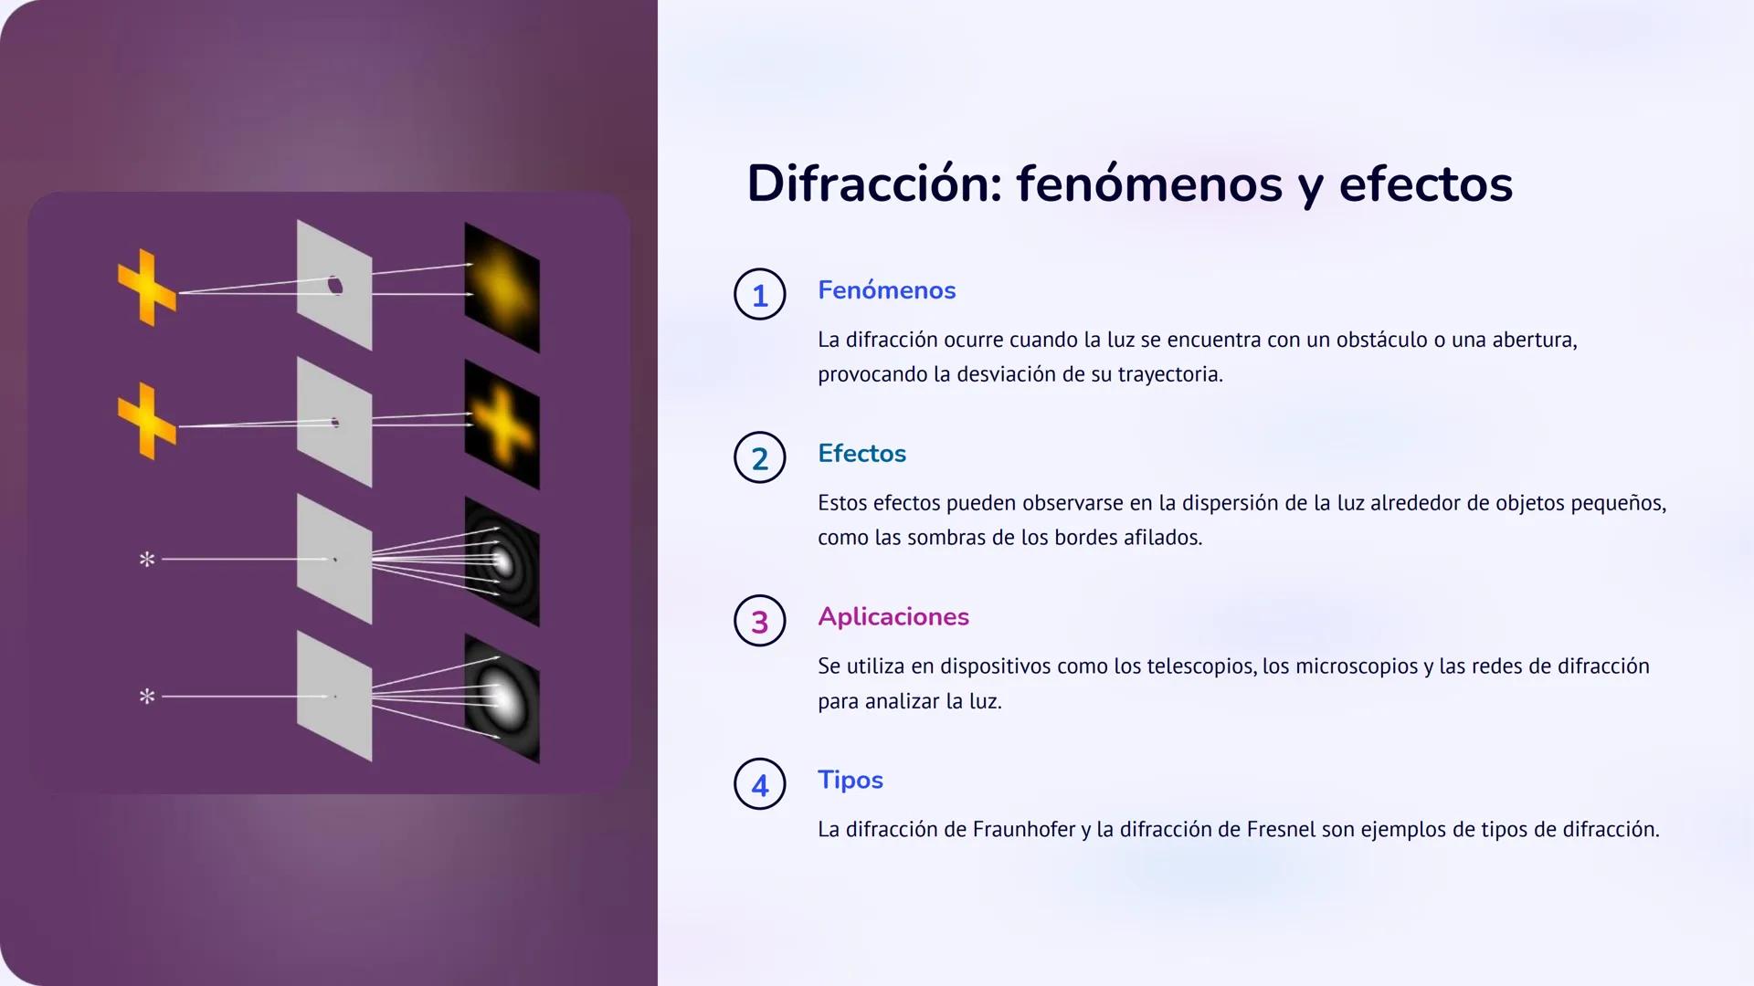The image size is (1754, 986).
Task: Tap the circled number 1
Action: click(x=759, y=295)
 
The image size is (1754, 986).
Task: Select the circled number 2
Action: click(x=759, y=458)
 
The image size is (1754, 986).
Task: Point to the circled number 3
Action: click(x=759, y=622)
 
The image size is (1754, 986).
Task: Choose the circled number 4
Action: click(x=759, y=784)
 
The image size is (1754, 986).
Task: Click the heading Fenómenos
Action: click(x=886, y=290)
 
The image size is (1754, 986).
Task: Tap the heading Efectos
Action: click(x=861, y=454)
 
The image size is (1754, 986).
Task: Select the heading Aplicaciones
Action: click(x=893, y=617)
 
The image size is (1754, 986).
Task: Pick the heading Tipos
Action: click(x=850, y=781)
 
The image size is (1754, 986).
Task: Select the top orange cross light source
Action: click(x=146, y=287)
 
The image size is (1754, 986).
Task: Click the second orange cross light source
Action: click(x=146, y=421)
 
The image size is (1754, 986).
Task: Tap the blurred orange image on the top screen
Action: click(x=502, y=287)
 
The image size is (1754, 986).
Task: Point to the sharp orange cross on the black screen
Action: click(x=502, y=425)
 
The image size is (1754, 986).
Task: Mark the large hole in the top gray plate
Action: click(x=335, y=285)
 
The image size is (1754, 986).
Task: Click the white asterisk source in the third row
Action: click(x=146, y=559)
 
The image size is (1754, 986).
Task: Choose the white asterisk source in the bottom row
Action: click(x=146, y=696)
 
